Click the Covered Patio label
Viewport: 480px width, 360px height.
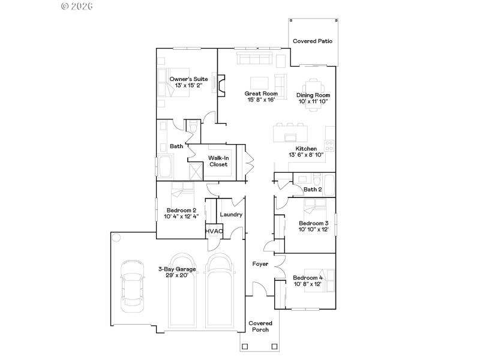coord(313,41)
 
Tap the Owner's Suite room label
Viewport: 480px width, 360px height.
coord(188,79)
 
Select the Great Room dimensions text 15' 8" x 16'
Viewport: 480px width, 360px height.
coord(261,100)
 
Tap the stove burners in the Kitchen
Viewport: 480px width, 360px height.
coord(329,145)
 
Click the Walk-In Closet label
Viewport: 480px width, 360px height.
coord(218,161)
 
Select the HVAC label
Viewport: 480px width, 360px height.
coord(214,231)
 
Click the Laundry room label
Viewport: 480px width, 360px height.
coord(231,214)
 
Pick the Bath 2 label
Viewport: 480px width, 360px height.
coord(313,190)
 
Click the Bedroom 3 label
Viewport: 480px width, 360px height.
coord(314,223)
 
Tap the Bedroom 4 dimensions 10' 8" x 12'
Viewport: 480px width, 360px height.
coord(308,284)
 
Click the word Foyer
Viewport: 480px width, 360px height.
coord(260,263)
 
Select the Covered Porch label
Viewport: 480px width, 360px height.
coord(260,326)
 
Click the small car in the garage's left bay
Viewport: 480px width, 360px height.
coord(131,286)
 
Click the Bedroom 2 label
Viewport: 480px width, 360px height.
coord(181,210)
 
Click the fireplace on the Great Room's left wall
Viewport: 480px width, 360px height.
coord(221,85)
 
